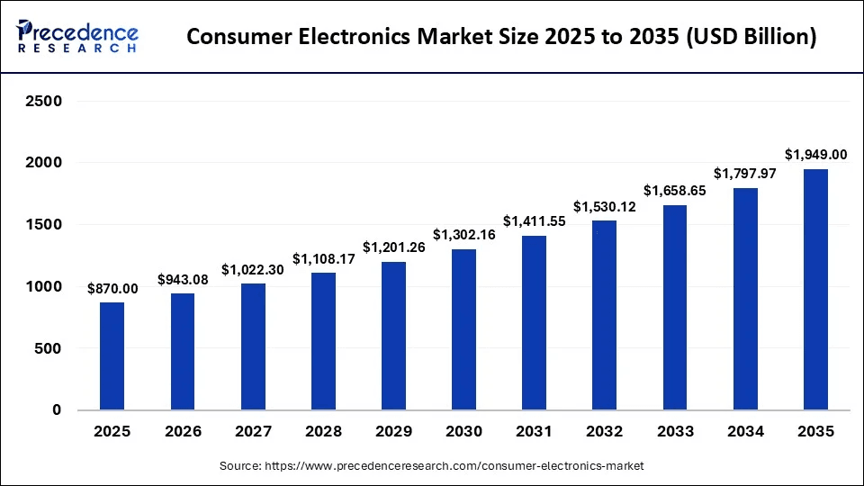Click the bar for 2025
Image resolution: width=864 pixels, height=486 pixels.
[x=112, y=355]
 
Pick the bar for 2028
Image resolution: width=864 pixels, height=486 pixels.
[x=323, y=341]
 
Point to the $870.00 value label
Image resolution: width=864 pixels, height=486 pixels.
[x=112, y=288]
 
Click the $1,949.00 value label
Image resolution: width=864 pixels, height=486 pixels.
[x=814, y=155]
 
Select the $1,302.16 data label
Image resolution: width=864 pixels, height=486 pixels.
[x=463, y=235]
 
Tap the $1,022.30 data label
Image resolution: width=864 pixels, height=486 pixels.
[x=253, y=269]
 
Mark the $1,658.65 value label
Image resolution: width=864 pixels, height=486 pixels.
[x=674, y=191]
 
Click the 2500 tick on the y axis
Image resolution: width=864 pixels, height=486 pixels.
[x=43, y=101]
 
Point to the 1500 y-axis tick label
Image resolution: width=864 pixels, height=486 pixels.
[x=43, y=225]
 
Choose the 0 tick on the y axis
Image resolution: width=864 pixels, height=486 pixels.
[x=57, y=410]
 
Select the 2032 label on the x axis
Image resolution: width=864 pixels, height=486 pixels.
[x=604, y=433]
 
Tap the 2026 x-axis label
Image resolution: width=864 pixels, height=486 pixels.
[x=183, y=433]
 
